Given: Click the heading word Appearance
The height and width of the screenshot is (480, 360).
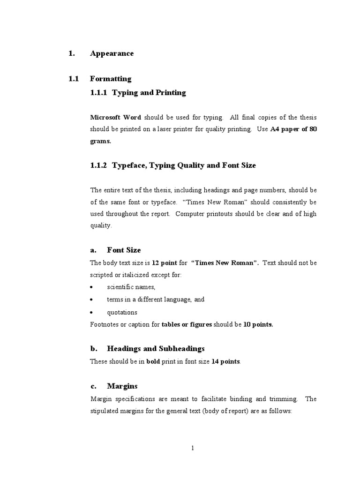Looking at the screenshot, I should (112, 53).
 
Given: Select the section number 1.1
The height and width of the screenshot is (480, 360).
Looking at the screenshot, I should (73, 79).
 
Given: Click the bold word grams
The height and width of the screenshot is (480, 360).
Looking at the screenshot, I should (100, 141).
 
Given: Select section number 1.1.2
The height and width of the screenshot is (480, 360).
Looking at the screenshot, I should (99, 165).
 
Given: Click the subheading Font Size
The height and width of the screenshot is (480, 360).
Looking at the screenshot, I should (124, 250).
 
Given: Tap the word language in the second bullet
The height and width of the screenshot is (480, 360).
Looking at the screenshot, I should (176, 300).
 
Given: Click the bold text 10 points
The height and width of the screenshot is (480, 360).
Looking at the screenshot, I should (258, 324).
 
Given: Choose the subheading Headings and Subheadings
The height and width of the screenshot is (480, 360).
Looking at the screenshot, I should (156, 349).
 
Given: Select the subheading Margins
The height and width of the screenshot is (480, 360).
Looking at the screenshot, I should (122, 386).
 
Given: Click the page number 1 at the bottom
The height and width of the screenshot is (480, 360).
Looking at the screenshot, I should (192, 448).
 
